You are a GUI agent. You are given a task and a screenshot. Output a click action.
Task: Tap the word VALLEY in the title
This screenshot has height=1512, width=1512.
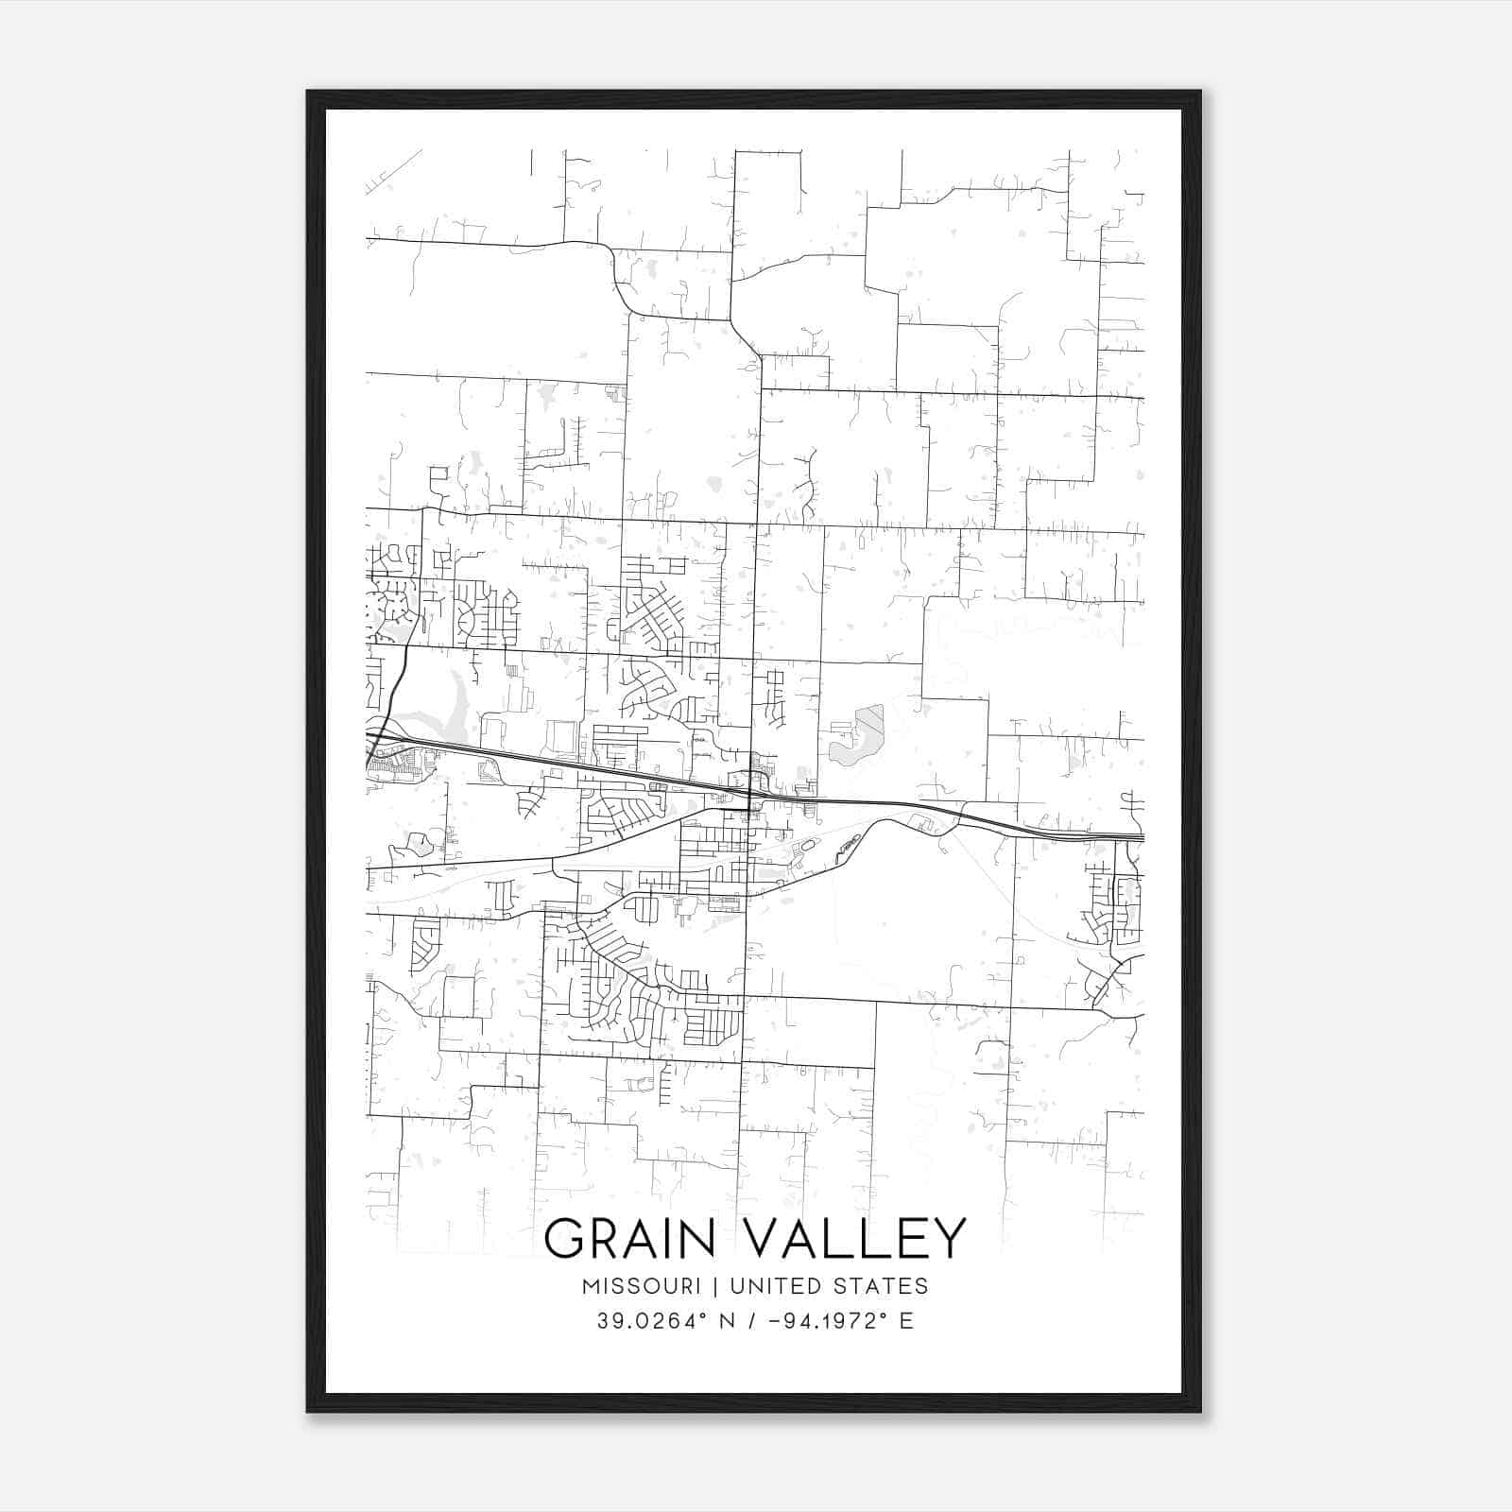click(859, 1238)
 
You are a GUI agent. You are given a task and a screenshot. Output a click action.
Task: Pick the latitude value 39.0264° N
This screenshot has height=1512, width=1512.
click(665, 1321)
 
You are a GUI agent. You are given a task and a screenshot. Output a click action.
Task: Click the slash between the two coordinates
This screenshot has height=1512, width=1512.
click(751, 1321)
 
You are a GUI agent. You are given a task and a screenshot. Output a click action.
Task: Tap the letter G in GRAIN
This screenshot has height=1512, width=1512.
click(565, 1238)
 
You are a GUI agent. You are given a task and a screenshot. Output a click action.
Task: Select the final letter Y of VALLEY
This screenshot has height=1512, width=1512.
click(948, 1238)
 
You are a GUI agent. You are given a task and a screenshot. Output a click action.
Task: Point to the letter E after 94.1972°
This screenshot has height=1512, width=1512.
click(907, 1321)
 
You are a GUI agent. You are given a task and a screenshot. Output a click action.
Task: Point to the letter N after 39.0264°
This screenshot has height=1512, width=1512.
click(728, 1321)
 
